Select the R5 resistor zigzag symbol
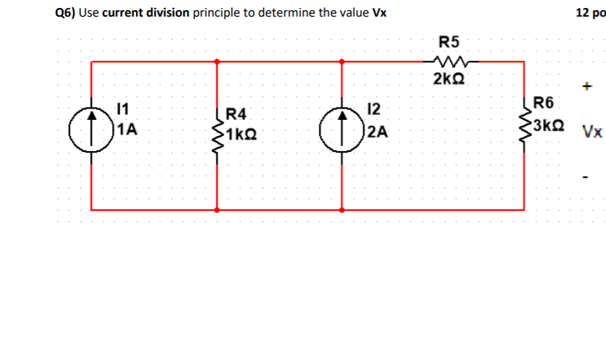[x=450, y=61]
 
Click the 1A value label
[x=129, y=130]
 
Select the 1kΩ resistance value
[x=242, y=134]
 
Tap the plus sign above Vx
[x=587, y=87]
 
